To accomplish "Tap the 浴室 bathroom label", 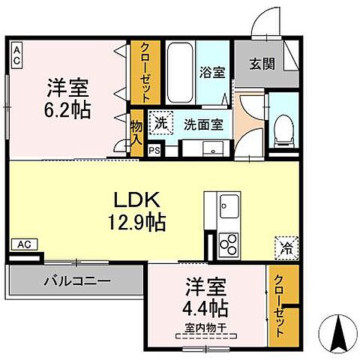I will [x=211, y=73].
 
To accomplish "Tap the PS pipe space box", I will [x=154, y=149].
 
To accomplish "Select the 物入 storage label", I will [x=136, y=133].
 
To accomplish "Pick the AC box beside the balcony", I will [x=24, y=244].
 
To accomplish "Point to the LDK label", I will [x=137, y=201].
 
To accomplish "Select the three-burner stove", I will [x=228, y=244].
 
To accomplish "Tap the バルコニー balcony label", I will [x=74, y=283].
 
